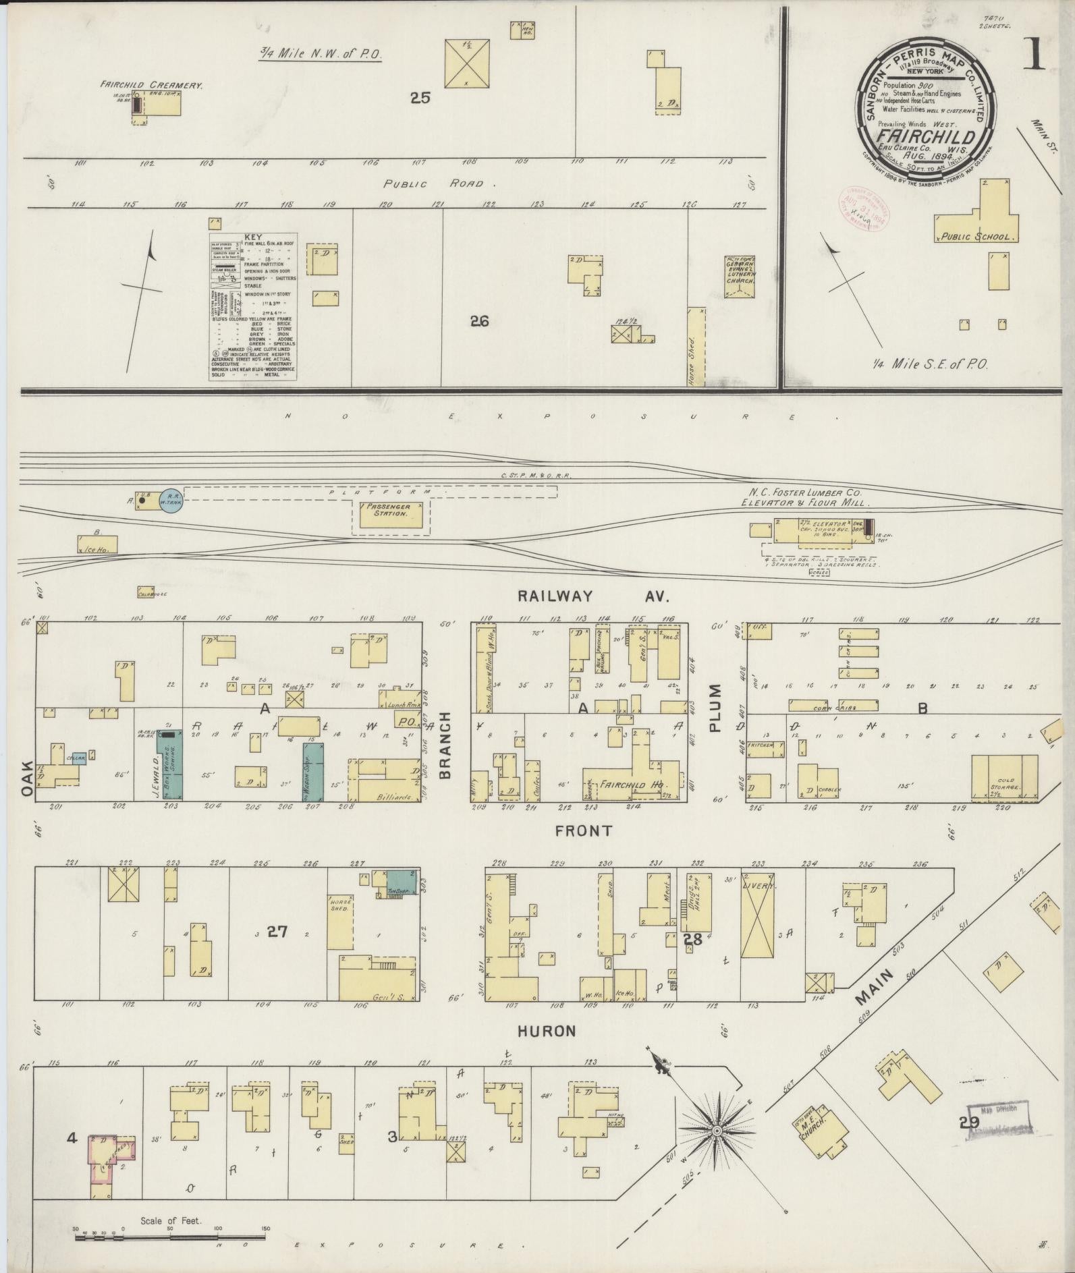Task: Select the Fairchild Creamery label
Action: pos(152,86)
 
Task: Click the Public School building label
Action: pos(977,237)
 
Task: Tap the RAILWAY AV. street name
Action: pos(592,596)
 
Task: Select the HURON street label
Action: pos(547,1050)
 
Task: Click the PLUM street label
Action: pos(715,708)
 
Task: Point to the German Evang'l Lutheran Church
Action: pos(740,277)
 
